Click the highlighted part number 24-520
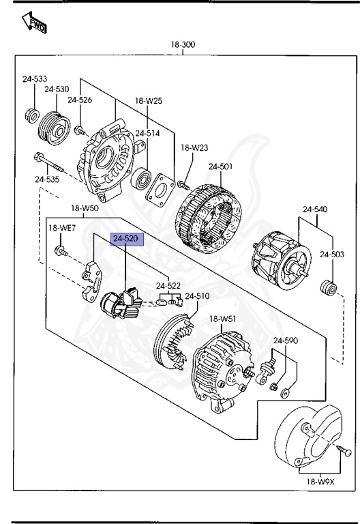125,239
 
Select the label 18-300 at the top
183,45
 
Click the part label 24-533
34,80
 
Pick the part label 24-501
220,166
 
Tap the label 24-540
315,209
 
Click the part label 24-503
332,254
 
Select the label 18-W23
194,147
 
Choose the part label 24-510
197,296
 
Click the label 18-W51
222,319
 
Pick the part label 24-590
286,340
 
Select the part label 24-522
168,285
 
